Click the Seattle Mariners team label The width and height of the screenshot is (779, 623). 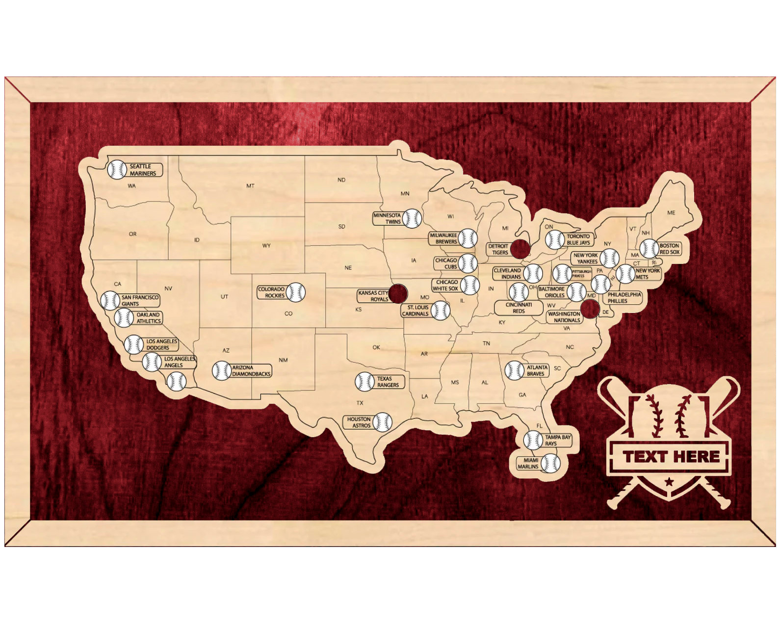pos(142,170)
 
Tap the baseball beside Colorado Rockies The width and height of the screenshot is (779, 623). pos(296,292)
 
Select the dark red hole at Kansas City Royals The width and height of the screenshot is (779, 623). pos(398,293)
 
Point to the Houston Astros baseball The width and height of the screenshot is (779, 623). pos(382,422)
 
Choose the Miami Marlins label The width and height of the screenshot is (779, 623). pos(528,464)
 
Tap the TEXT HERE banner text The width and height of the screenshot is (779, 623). pos(671,457)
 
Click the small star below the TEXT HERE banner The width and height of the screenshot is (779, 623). pos(669,482)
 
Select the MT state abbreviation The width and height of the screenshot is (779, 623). pos(250,186)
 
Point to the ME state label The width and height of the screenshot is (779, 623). pos(671,213)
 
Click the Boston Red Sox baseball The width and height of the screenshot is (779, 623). pos(649,249)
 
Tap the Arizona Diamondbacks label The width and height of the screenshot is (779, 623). pos(251,371)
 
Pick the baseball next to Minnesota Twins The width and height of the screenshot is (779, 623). pos(412,218)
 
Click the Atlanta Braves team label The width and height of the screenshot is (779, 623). pos(536,370)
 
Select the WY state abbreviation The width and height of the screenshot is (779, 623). pos(266,246)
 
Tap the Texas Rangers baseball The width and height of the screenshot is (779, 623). pos(364,382)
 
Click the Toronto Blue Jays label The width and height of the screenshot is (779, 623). pos(578,239)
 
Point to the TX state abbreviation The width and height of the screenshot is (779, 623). pos(360,403)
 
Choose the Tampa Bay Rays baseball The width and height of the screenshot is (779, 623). pos(533,440)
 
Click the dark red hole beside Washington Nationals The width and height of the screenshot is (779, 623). pos(590,309)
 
